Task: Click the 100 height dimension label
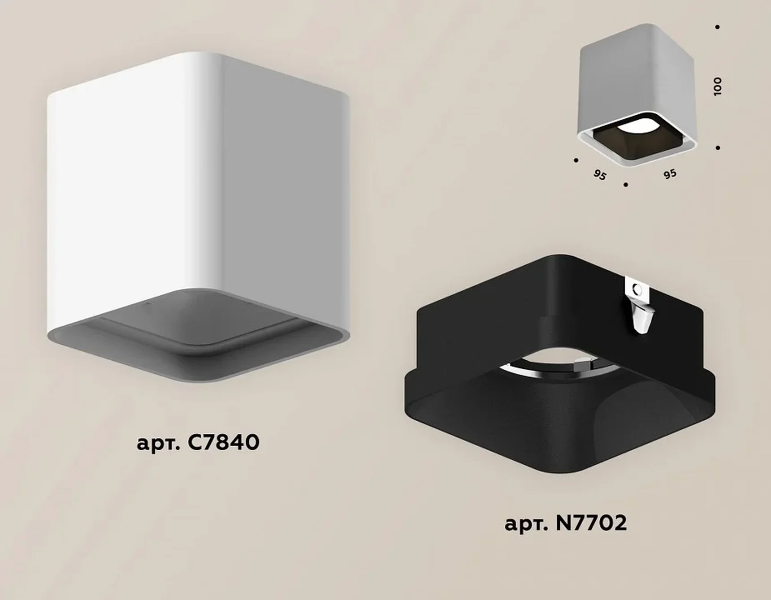717,86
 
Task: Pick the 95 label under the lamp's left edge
599,175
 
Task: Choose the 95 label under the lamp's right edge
670,174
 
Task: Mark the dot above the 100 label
718,27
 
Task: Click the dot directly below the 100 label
718,148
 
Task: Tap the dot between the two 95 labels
626,184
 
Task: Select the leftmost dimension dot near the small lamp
576,160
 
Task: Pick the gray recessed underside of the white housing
197,336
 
